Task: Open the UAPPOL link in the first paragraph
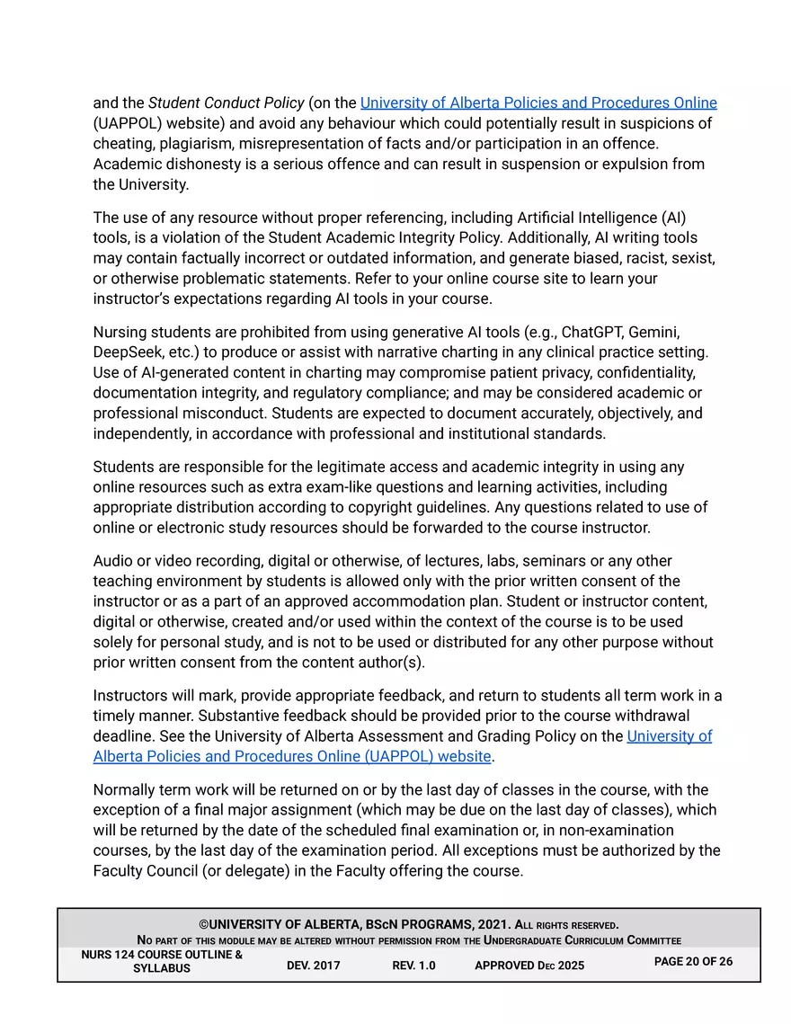point(538,102)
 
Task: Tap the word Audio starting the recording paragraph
point(114,561)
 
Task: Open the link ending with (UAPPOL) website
point(292,756)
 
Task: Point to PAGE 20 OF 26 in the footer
point(693,962)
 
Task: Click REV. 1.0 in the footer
point(413,966)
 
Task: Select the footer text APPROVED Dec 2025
point(529,966)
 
